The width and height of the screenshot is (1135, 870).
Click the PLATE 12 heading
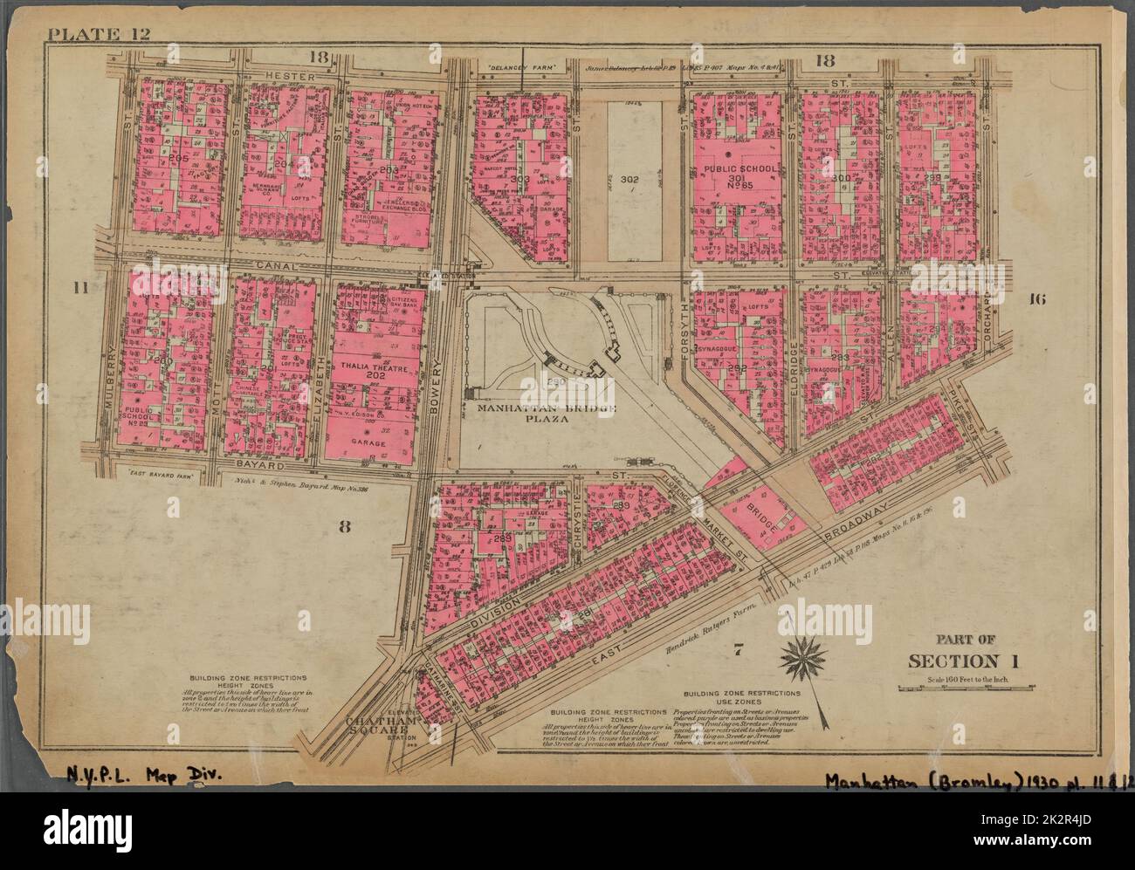point(86,35)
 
